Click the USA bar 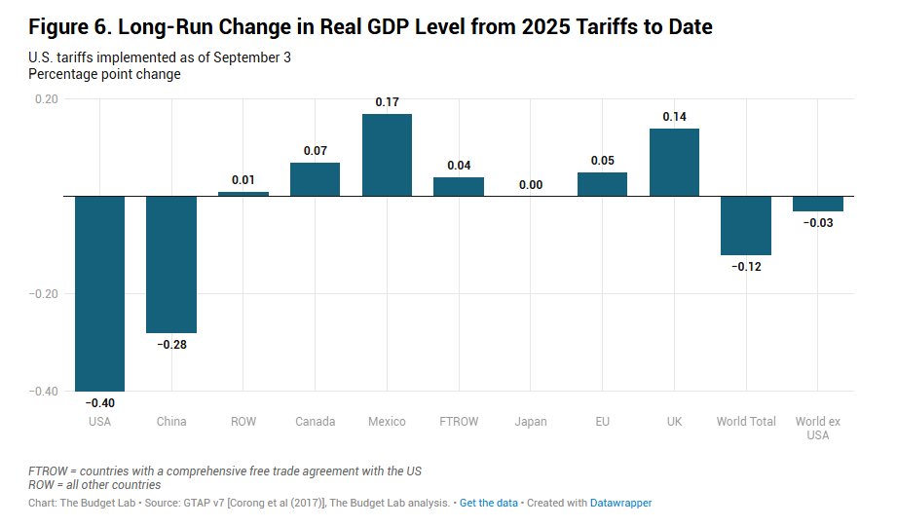tap(99, 292)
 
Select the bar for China tap(171, 264)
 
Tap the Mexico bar tap(387, 155)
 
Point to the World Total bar tap(746, 225)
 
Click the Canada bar tap(315, 179)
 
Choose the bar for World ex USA tap(818, 204)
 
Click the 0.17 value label tap(387, 101)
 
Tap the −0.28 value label tap(171, 345)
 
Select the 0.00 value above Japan tap(531, 184)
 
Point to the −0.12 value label tap(746, 267)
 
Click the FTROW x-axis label tap(459, 422)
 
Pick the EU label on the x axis tap(602, 422)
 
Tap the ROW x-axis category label tap(243, 422)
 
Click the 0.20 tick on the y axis tap(46, 98)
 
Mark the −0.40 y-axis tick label tap(44, 391)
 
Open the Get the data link tap(489, 503)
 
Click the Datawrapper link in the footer tap(620, 503)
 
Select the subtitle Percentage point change tap(104, 74)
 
